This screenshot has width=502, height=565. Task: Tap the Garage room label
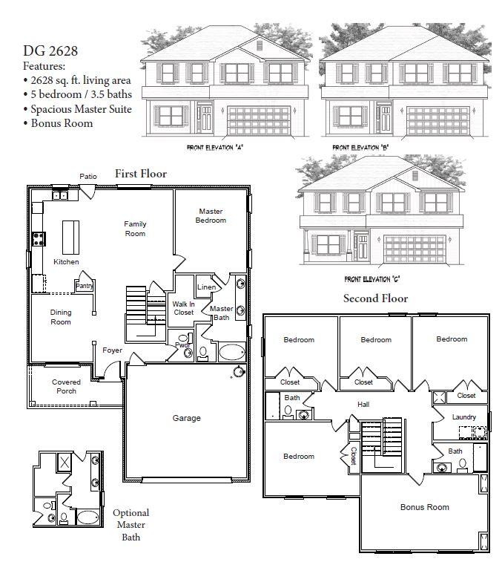187,418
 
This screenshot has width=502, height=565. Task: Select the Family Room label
135,229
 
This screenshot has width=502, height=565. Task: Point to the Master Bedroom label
211,215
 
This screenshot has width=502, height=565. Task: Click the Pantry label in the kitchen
83,285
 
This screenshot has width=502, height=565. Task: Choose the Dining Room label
61,317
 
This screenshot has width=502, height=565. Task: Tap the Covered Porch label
66,386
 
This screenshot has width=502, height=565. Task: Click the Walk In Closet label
183,307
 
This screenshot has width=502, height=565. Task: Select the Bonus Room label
424,507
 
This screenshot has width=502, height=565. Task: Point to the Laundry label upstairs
464,417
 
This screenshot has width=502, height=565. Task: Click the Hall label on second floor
363,404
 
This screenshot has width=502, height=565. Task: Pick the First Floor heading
140,174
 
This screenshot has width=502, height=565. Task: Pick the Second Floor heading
375,298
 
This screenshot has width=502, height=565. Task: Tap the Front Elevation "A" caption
215,148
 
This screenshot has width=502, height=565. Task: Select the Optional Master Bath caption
131,524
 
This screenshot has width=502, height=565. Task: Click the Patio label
89,176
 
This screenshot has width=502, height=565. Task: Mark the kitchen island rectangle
70,237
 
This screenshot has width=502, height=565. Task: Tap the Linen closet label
206,287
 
